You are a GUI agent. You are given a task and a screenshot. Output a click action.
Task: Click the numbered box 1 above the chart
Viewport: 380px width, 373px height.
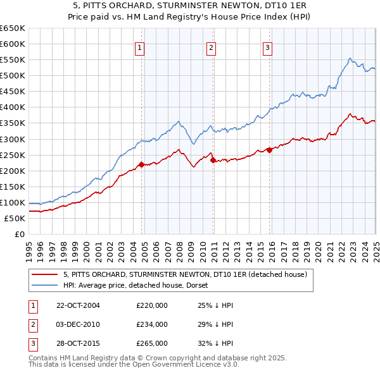[139, 47]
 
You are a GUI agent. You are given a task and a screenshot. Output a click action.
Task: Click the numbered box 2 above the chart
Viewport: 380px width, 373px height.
[211, 47]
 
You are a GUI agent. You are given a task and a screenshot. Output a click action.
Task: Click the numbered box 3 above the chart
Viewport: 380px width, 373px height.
[267, 47]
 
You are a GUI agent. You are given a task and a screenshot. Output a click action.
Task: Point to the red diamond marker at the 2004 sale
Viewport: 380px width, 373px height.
[142, 164]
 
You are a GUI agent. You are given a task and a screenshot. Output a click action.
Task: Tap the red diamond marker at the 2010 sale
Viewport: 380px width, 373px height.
[213, 160]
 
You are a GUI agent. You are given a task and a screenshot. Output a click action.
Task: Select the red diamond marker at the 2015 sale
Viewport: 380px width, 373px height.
[269, 150]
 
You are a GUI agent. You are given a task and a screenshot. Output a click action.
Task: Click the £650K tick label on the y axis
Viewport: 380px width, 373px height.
[12, 28]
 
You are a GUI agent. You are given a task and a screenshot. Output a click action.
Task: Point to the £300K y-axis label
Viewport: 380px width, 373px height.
[12, 139]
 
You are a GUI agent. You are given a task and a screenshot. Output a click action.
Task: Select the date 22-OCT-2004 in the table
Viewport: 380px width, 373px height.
[78, 305]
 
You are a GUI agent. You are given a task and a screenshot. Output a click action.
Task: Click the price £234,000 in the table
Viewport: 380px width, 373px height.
[152, 324]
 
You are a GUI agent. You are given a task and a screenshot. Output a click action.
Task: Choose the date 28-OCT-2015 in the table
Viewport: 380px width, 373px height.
[78, 343]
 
